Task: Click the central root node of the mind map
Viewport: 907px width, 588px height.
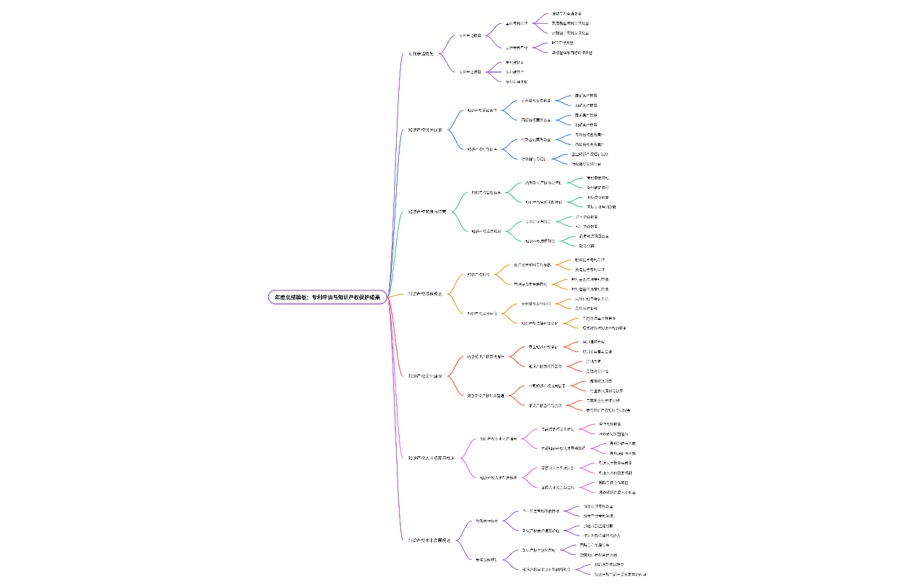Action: point(327,297)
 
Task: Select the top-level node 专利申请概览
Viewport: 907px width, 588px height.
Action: point(421,54)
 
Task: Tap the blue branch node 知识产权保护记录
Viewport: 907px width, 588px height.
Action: point(426,129)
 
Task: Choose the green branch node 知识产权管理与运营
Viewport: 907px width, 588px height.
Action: point(428,211)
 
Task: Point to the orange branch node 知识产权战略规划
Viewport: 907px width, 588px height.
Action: point(425,294)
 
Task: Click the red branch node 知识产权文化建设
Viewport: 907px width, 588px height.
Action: point(425,376)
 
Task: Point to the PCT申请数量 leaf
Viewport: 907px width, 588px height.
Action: point(563,43)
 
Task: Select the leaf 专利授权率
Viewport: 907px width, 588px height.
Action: point(514,62)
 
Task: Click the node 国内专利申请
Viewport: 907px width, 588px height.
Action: point(516,23)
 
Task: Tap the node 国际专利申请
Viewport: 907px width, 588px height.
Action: point(516,48)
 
